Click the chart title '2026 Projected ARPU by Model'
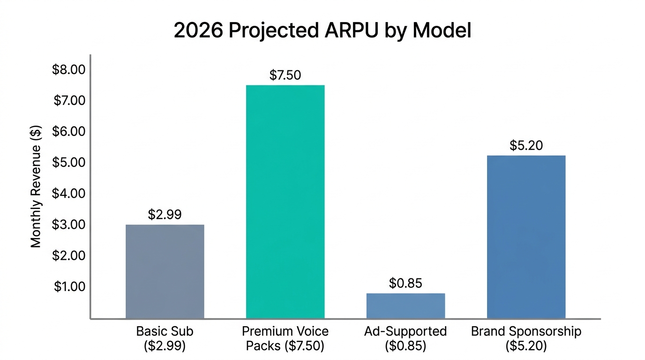click(x=322, y=30)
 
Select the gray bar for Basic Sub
click(x=165, y=272)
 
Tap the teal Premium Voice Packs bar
click(x=285, y=202)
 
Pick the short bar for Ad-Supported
click(x=405, y=306)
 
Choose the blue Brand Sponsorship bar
click(x=526, y=237)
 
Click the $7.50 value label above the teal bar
click(x=285, y=75)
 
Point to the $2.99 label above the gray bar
click(x=165, y=215)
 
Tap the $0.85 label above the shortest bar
click(x=405, y=283)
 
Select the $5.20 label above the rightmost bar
click(x=526, y=145)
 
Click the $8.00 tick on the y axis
click(x=69, y=70)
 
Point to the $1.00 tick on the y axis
click(x=69, y=286)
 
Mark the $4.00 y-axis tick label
click(x=69, y=194)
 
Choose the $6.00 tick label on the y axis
click(x=69, y=132)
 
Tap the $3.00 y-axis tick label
click(x=69, y=225)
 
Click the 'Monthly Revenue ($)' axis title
click(x=36, y=186)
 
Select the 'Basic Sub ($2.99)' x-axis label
click(x=165, y=338)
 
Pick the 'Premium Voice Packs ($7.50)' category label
click(x=285, y=338)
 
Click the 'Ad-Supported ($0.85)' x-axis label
click(x=405, y=338)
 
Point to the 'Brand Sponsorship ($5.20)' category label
click(x=526, y=338)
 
